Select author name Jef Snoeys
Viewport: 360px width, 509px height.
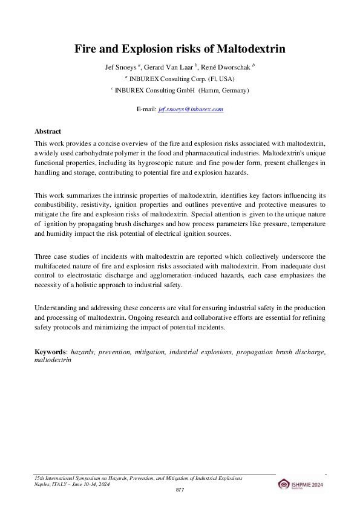click(121, 67)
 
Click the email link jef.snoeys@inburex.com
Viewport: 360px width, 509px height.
click(191, 109)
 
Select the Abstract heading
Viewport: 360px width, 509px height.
click(48, 131)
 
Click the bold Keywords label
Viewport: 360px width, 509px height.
click(51, 351)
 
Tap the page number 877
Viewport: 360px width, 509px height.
click(180, 489)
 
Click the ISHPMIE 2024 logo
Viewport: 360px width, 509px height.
click(301, 484)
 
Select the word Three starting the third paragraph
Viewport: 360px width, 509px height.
click(44, 257)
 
